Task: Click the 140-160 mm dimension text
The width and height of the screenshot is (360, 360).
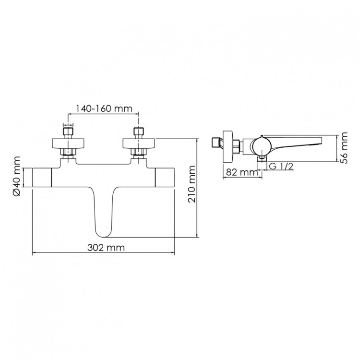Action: click(x=104, y=108)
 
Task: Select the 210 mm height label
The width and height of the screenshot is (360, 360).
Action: click(x=192, y=191)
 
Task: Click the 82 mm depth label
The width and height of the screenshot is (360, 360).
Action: click(x=239, y=172)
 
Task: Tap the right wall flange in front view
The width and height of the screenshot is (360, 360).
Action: click(x=139, y=143)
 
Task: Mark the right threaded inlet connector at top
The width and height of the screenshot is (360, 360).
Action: click(x=139, y=132)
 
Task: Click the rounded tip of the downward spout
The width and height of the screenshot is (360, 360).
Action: click(x=103, y=234)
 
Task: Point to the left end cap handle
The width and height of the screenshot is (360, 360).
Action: click(x=41, y=178)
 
